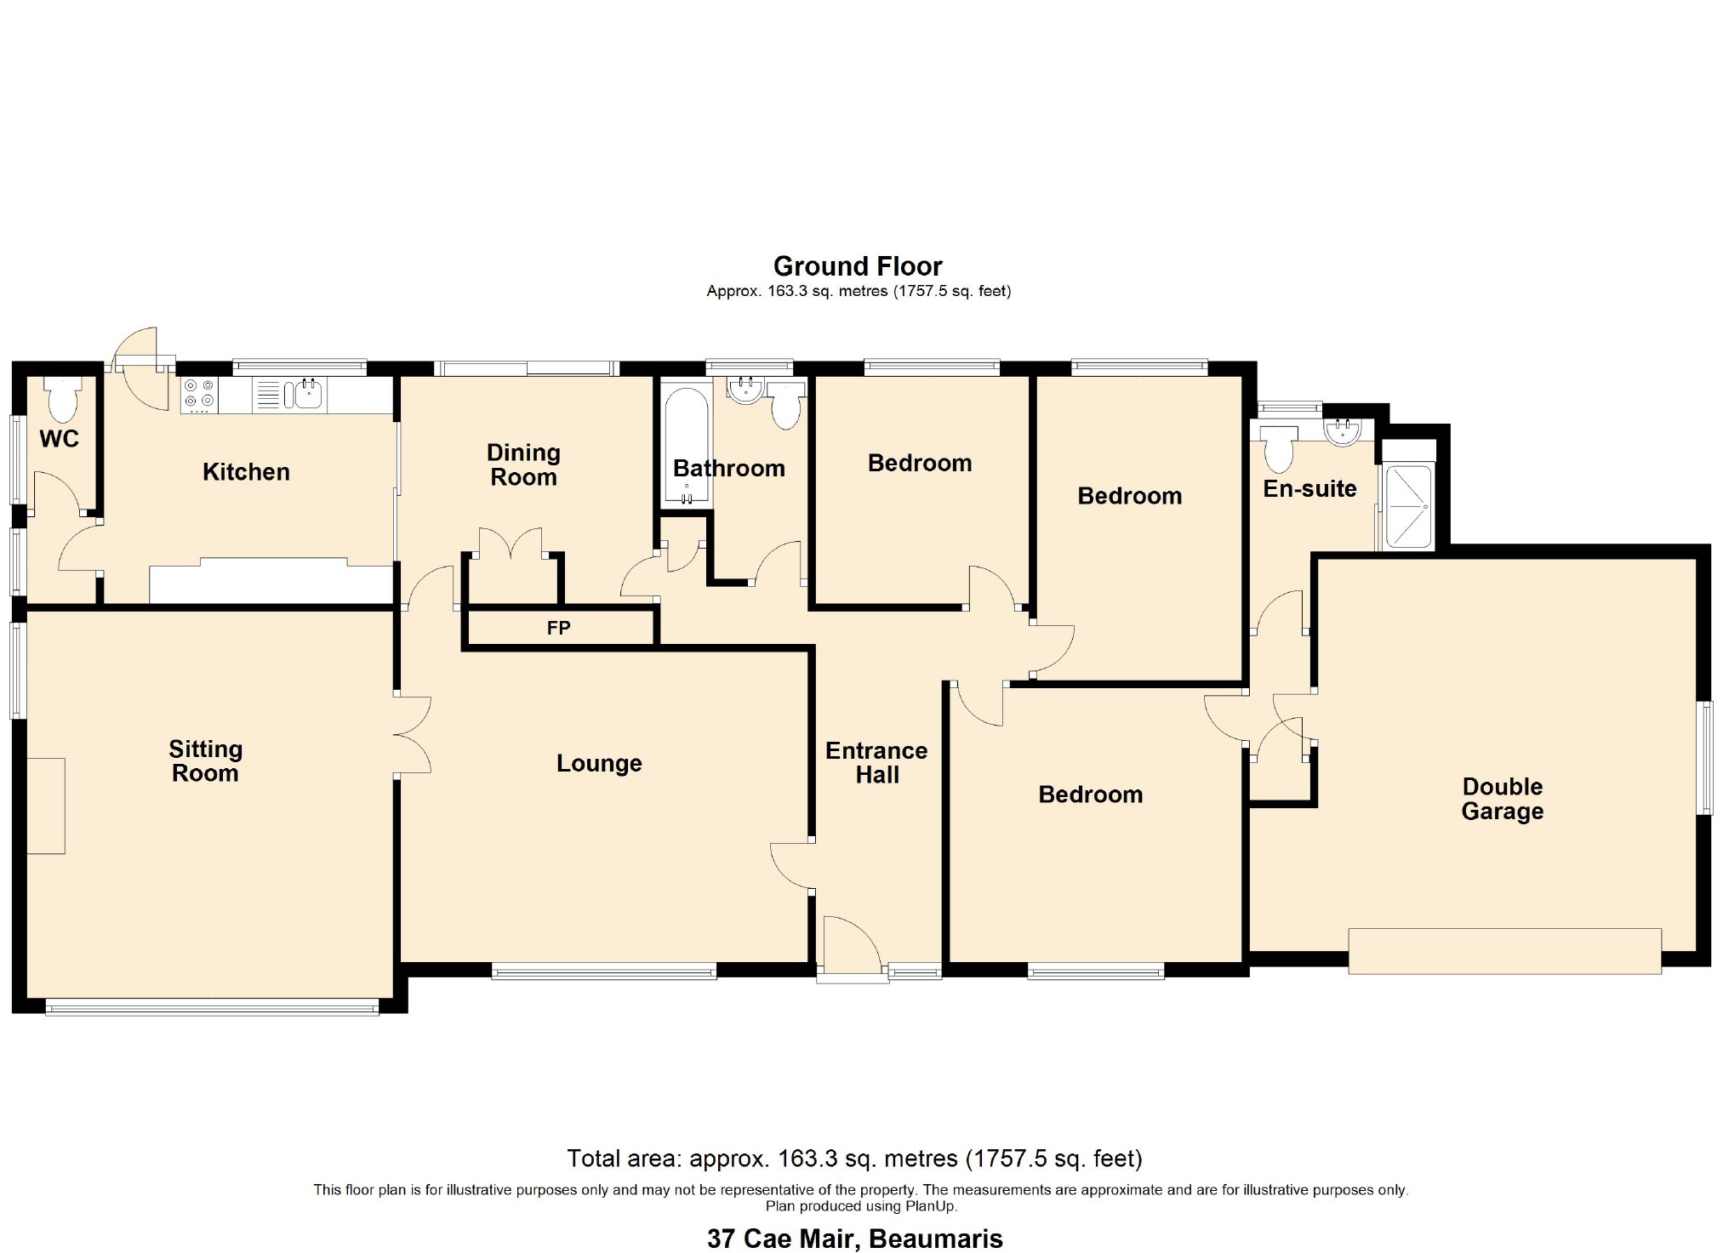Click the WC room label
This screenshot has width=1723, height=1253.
[x=59, y=439]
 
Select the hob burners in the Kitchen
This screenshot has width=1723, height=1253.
[x=199, y=395]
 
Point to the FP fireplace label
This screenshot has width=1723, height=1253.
[x=558, y=629]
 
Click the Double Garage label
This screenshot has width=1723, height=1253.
[x=1502, y=799]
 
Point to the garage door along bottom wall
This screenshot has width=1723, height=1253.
[x=1504, y=950]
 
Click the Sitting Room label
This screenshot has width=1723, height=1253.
[x=205, y=760]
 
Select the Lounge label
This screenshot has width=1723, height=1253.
[x=599, y=763]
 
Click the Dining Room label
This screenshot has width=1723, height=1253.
[x=523, y=464]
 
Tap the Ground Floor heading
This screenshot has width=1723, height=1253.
[x=857, y=266]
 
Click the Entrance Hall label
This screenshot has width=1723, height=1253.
[x=876, y=762]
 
